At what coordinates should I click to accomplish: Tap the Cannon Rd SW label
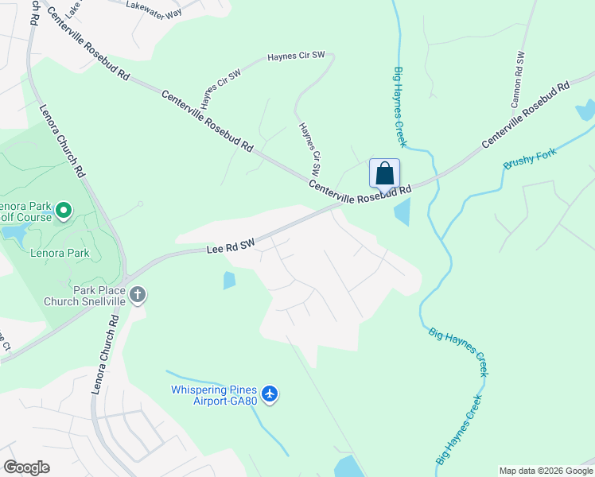[x=518, y=79]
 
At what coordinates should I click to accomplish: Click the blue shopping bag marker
[x=384, y=174]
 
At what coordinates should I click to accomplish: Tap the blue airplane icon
[x=270, y=394]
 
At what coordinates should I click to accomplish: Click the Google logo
[x=26, y=467]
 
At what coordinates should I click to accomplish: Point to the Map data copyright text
[x=546, y=471]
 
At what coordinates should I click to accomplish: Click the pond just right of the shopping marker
[x=402, y=211]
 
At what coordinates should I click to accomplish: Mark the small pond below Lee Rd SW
[x=230, y=280]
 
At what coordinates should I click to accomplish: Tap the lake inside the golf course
[x=14, y=232]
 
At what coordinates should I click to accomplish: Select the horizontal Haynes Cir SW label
[x=296, y=56]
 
